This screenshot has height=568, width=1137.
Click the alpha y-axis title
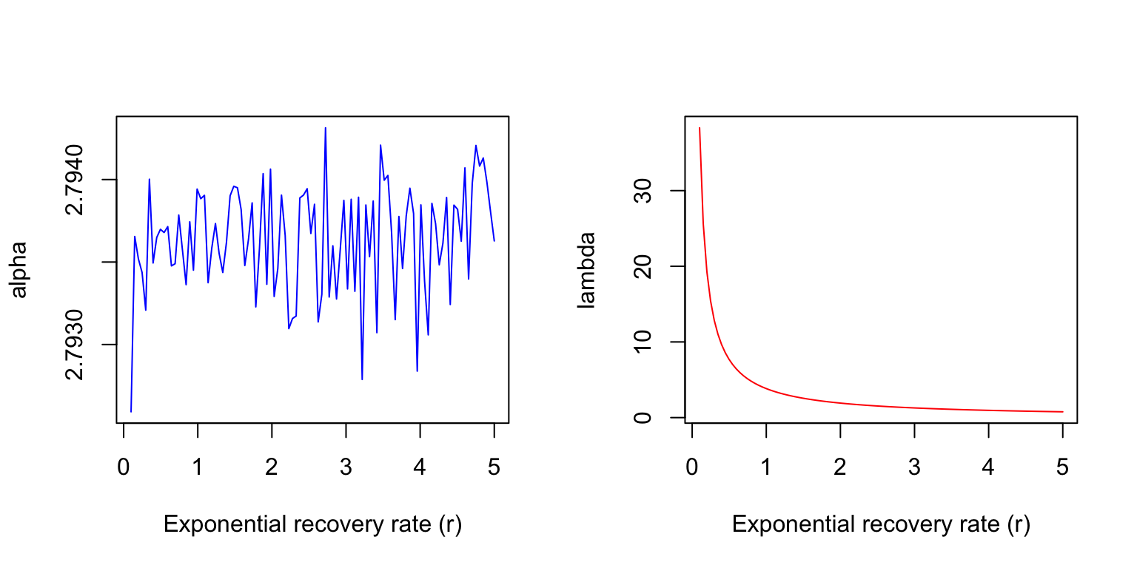pos(19,269)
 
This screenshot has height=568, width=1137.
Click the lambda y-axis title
pos(587,269)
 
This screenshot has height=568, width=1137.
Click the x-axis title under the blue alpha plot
pos(312,524)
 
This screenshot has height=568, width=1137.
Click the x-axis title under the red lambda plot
pos(881,524)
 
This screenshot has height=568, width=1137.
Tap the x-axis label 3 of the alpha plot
pos(346,468)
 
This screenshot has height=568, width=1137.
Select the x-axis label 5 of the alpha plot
pos(494,468)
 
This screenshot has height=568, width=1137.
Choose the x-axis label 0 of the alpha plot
pos(124,468)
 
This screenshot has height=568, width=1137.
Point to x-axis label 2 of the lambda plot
pos(840,468)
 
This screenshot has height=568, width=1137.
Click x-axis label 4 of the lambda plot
pos(988,468)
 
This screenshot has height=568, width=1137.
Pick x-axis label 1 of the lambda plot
pos(766,468)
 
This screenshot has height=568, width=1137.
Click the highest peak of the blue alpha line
pos(325,128)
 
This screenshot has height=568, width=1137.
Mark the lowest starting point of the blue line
pos(131,411)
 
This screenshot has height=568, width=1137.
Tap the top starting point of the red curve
pos(700,128)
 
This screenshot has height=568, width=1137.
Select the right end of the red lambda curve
pos(1062,411)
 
